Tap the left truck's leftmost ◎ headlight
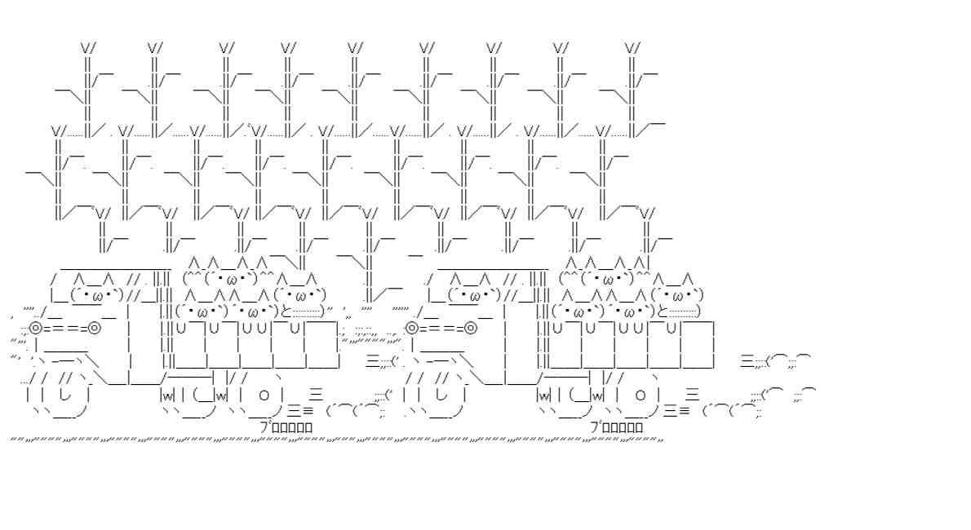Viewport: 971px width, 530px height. tap(35, 329)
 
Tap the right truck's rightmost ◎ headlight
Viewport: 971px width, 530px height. tap(471, 329)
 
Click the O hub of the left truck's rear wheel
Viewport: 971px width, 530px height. tap(264, 395)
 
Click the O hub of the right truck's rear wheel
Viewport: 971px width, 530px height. tap(641, 395)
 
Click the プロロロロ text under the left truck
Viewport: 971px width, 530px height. tap(286, 426)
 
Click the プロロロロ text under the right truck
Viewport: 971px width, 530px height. tap(617, 426)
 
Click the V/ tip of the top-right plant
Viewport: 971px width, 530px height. tap(632, 48)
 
